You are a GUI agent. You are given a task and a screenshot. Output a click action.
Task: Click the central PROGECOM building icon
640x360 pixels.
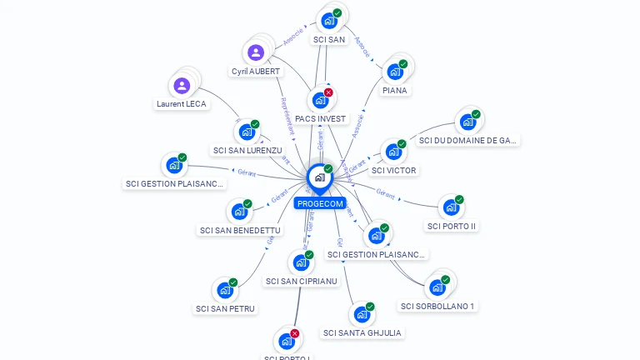click(x=318, y=177)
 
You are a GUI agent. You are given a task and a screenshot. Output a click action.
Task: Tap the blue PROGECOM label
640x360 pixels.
click(x=319, y=203)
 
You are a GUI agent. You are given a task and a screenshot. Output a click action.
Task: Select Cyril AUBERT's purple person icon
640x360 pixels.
click(x=256, y=52)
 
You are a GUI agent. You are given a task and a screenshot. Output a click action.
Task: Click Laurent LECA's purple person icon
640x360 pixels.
click(x=182, y=85)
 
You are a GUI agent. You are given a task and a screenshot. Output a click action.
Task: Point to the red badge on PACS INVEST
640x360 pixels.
click(x=328, y=92)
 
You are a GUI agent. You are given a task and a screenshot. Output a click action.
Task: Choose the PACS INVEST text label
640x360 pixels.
click(x=320, y=118)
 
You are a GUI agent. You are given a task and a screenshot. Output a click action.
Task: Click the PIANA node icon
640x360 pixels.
click(x=395, y=71)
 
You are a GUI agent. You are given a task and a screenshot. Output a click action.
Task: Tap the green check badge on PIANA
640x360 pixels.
click(x=403, y=64)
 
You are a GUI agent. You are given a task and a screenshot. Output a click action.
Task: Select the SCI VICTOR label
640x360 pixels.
click(x=394, y=170)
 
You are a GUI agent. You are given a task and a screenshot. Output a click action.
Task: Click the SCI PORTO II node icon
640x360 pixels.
click(x=451, y=206)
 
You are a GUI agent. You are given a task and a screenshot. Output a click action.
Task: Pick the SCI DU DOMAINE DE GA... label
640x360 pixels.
click(x=468, y=141)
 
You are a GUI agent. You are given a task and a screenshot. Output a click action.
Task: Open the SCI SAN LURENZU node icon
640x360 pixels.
click(x=247, y=132)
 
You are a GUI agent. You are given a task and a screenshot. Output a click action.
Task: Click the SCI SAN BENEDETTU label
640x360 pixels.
click(x=240, y=230)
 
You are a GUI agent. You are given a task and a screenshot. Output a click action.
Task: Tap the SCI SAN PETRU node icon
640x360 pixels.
click(x=225, y=290)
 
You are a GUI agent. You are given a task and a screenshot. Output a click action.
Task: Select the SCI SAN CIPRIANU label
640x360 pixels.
click(x=302, y=281)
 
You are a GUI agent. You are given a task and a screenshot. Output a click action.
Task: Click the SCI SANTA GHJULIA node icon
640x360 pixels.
click(x=362, y=314)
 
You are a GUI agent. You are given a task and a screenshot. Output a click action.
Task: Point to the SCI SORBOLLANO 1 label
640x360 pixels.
click(x=437, y=306)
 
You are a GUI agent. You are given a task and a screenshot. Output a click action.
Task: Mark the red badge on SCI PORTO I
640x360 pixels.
click(x=295, y=333)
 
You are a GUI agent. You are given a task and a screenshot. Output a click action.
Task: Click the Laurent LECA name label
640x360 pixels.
click(x=182, y=104)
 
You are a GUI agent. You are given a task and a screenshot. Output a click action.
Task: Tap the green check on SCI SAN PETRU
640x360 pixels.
click(x=233, y=282)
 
